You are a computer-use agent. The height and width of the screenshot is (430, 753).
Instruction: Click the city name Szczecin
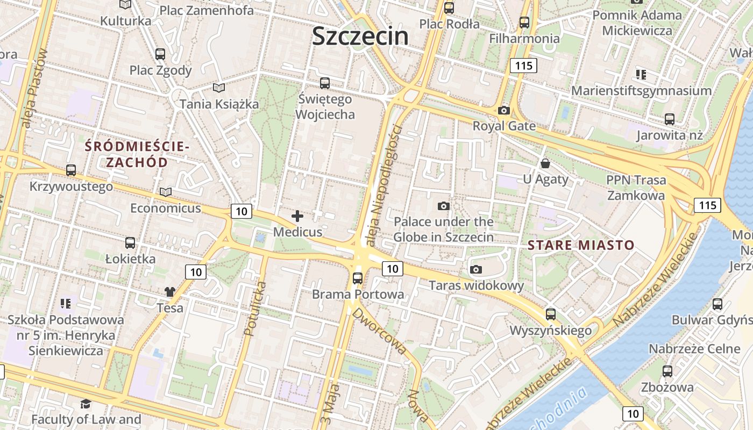(360, 36)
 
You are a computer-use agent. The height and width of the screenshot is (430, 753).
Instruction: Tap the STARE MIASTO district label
(581, 246)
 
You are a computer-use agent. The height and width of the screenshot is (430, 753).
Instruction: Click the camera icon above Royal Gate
(504, 111)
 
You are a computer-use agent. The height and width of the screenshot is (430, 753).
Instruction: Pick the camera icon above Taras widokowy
(476, 269)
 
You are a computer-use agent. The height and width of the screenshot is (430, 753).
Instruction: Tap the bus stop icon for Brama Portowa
(358, 278)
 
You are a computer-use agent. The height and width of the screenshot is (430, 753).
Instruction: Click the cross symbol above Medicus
(297, 216)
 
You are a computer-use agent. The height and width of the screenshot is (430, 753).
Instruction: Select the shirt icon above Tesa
(170, 292)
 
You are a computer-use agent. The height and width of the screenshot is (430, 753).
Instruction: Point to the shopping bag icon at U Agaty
(545, 163)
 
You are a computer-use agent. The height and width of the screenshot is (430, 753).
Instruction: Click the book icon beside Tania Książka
(218, 88)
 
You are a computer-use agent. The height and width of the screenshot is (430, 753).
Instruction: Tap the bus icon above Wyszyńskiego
(550, 314)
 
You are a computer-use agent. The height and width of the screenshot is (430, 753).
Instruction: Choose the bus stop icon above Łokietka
(130, 242)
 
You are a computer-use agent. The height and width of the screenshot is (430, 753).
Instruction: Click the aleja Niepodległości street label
(383, 185)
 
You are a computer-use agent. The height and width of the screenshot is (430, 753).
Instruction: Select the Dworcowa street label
(380, 331)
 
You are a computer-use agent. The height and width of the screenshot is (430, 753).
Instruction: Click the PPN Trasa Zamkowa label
(636, 188)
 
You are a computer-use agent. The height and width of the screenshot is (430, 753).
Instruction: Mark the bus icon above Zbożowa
(667, 371)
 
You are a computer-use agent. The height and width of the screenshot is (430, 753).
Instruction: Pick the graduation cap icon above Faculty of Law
(86, 403)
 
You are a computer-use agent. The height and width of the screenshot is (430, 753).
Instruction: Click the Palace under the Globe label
(444, 229)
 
